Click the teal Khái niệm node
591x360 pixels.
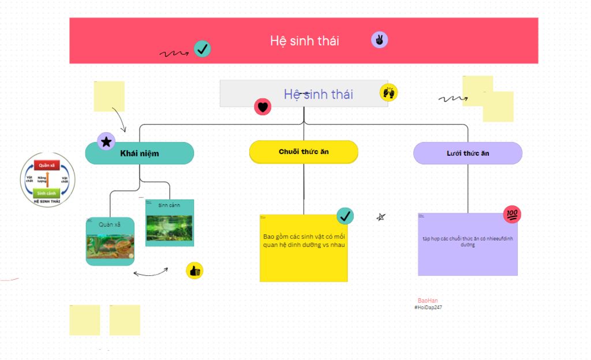(140, 153)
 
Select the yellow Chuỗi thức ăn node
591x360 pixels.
(304, 152)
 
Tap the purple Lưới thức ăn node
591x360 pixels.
(467, 153)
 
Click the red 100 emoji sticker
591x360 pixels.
(512, 215)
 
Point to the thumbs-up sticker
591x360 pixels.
(194, 270)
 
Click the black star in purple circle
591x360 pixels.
(106, 141)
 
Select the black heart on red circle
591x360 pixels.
(263, 106)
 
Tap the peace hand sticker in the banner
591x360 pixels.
(379, 40)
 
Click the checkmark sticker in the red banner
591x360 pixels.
(202, 49)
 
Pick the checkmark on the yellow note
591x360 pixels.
(345, 216)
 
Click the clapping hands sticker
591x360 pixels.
(388, 92)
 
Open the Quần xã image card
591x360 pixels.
(110, 241)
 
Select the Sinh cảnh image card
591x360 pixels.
(170, 223)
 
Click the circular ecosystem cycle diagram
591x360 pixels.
(48, 179)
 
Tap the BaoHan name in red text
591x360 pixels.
(428, 301)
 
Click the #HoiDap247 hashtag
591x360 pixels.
(428, 307)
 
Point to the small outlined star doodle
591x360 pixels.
(381, 217)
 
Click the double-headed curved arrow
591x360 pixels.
(151, 272)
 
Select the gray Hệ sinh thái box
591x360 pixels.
(304, 93)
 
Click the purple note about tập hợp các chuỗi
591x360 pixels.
(467, 244)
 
